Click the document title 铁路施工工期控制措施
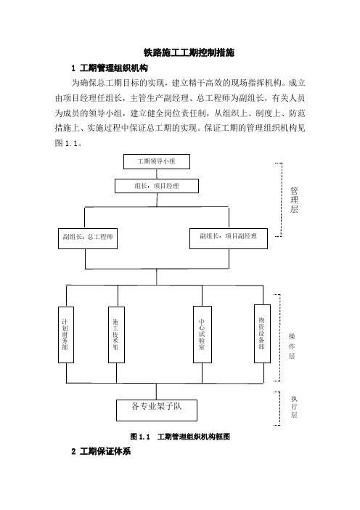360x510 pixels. coord(189,52)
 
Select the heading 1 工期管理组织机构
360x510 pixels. coord(110,68)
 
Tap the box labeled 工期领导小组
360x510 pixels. coord(157,162)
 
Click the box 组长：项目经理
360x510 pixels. coord(157,186)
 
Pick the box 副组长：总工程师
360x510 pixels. coord(88,238)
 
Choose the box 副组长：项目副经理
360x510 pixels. coord(229,238)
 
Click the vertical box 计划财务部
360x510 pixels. coord(66,335)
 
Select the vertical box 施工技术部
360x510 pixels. coord(116,335)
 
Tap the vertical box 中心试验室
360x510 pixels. coord(202,334)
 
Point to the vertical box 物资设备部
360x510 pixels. coord(262,333)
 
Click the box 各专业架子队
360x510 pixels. coord(157,410)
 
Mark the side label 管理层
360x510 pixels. coord(294,200)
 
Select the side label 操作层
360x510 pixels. coord(292,346)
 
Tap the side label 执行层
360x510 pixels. coord(294,407)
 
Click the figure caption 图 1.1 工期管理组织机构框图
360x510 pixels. coord(180,437)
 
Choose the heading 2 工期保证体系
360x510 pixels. coord(101,451)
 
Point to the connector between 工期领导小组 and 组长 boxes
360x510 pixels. coord(157,174)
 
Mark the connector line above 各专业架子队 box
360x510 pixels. coord(157,392)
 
